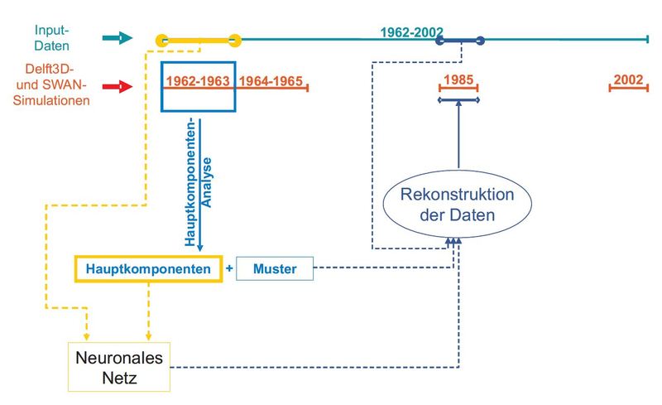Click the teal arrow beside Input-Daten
(117, 37)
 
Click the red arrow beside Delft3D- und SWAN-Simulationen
(117, 85)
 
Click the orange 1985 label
(458, 80)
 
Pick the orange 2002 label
(629, 80)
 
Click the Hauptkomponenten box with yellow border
(149, 268)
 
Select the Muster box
(275, 268)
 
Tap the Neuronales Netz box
(119, 366)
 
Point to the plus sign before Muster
(229, 268)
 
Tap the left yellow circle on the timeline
(162, 39)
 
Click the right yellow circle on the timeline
(235, 39)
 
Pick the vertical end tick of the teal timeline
(648, 39)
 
